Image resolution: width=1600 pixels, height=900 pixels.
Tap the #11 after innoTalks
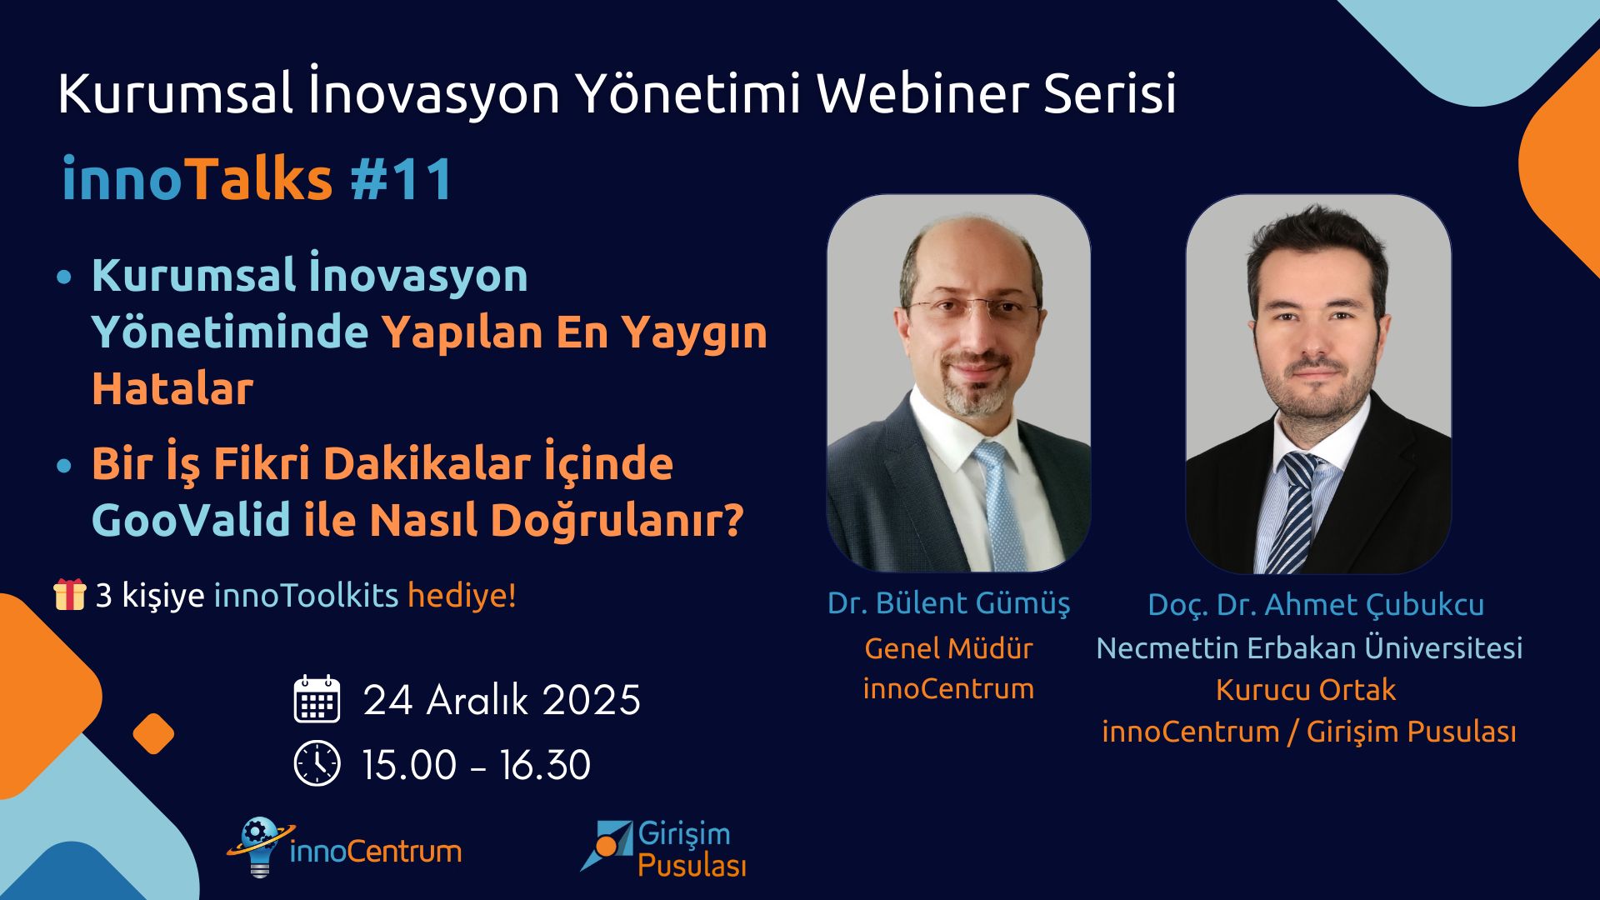(x=402, y=179)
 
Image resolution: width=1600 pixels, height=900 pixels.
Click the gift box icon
(x=70, y=595)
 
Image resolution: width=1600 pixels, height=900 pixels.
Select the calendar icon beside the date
(x=317, y=699)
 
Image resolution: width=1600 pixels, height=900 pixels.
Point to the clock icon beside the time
(x=317, y=763)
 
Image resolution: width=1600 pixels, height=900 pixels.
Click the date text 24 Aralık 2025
(x=502, y=700)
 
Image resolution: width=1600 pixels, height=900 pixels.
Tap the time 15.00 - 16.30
(x=476, y=765)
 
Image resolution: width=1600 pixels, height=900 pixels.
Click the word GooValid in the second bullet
(x=191, y=520)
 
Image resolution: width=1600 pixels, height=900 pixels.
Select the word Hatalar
(x=172, y=389)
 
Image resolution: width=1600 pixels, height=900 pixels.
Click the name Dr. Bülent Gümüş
(x=948, y=603)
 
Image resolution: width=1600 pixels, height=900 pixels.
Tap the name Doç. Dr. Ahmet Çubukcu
(x=1315, y=605)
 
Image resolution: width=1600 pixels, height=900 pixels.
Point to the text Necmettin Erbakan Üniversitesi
(x=1308, y=648)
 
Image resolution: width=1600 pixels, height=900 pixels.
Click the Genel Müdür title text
(x=948, y=648)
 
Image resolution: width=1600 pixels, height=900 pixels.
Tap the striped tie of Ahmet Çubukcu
(x=1297, y=517)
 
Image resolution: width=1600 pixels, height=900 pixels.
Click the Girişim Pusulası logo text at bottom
(x=691, y=850)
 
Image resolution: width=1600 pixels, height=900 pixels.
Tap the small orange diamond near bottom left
(x=153, y=734)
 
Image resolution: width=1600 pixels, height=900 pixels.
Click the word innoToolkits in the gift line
(x=306, y=596)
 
